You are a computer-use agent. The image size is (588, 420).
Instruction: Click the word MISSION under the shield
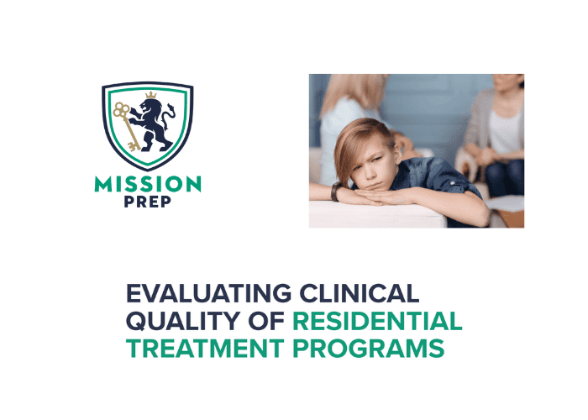coord(148,184)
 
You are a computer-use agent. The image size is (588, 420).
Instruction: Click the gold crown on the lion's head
coord(151,96)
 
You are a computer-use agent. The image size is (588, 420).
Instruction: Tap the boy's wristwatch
coord(336,192)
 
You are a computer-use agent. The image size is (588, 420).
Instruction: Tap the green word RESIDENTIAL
coord(378,321)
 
